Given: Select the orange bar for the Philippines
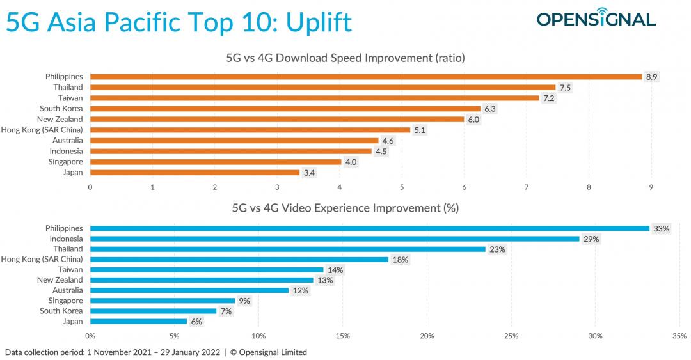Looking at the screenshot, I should (366, 77).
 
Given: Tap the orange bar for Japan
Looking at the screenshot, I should (195, 172).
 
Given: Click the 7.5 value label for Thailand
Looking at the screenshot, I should (566, 88).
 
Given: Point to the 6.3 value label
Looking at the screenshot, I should (490, 109).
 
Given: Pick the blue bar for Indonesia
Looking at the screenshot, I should (335, 239).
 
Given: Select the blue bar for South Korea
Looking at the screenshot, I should (154, 311).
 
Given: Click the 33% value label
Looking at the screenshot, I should (660, 228).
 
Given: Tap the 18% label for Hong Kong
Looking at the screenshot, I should (401, 260).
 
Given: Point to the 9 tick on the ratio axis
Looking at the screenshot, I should (651, 187).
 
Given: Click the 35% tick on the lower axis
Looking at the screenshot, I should (679, 336).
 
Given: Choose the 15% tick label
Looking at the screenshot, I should (343, 336).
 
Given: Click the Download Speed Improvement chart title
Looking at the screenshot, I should (345, 58).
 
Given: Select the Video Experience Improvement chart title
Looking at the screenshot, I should (345, 208).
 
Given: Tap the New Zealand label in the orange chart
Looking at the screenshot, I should (60, 119).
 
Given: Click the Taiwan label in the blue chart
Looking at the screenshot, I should (70, 270).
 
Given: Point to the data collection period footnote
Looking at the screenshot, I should (155, 352).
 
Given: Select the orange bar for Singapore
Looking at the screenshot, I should (216, 162).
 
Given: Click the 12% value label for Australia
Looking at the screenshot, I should (301, 290).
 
